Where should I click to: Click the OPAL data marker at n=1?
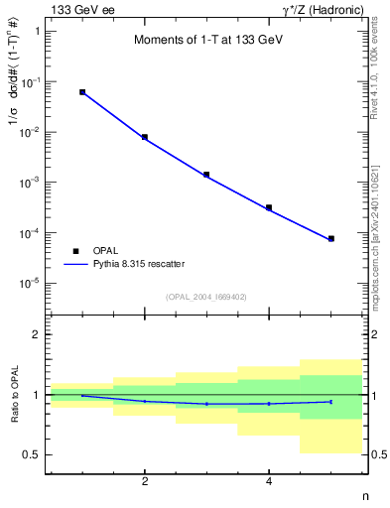pos(82,92)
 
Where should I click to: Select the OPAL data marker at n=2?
pos(145,137)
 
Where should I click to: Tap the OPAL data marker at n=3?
pos(206,175)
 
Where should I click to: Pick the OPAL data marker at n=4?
pos(269,207)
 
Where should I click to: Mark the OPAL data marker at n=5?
pos(331,238)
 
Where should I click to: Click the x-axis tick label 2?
pos(145,482)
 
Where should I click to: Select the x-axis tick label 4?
pos(269,482)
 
